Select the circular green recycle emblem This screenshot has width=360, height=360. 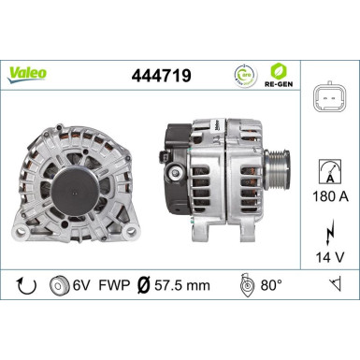coord(241,73)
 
